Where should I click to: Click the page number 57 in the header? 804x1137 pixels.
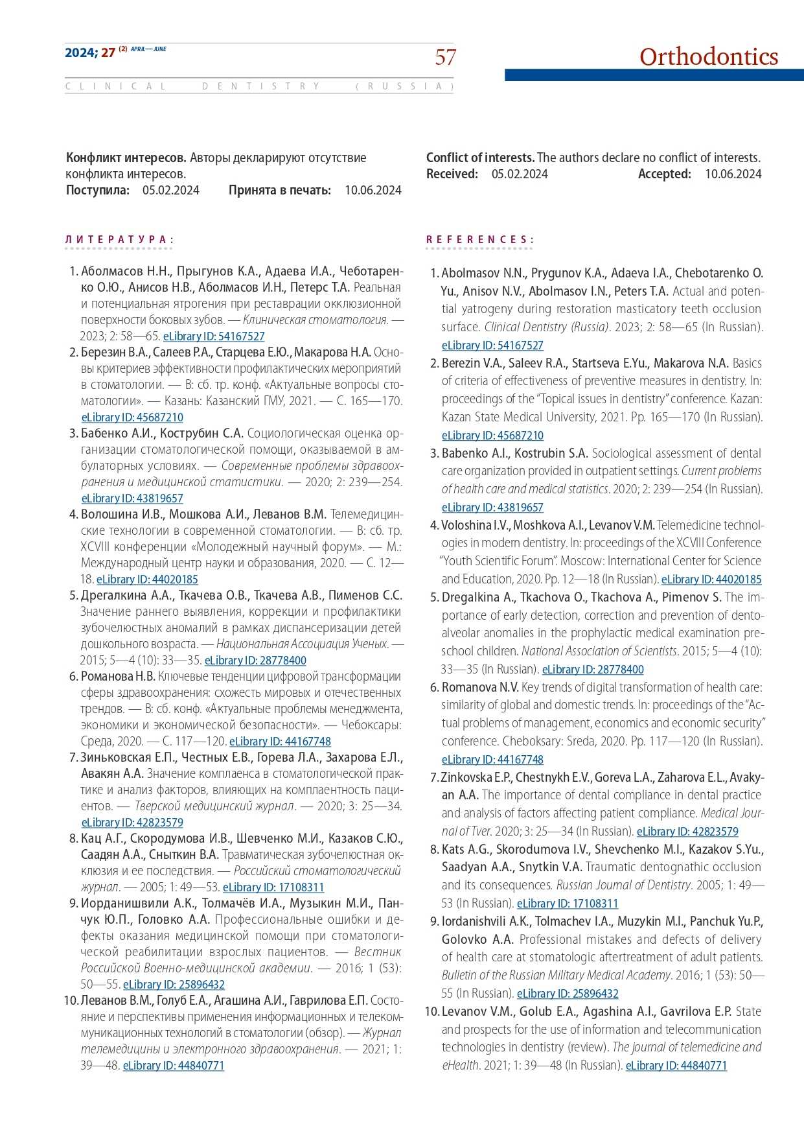pos(445,58)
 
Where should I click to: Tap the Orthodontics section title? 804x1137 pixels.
pos(708,57)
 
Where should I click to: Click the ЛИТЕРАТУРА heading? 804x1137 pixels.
pos(119,240)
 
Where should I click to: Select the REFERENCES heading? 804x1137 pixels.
pos(479,240)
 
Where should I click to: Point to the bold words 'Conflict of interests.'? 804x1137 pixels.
pos(480,158)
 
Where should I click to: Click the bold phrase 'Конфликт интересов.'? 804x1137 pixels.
pos(126,158)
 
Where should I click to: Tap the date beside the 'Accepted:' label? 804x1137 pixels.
pos(733,174)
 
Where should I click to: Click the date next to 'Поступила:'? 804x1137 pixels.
pos(171,190)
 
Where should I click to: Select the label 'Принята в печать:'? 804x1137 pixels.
pos(280,190)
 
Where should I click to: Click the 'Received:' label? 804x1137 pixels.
pos(452,174)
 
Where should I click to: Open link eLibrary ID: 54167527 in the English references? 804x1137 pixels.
pos(492,346)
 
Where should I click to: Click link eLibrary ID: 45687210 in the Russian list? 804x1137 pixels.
pos(132,417)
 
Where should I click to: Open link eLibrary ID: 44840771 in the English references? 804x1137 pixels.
pos(676,1065)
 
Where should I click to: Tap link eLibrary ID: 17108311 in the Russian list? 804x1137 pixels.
pos(273,887)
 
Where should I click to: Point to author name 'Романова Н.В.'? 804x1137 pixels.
pos(118,677)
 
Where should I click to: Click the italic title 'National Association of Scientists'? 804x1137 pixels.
pos(599,651)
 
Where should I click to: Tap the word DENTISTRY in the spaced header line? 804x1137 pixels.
pos(261,86)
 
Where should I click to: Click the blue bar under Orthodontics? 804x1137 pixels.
pos(654,75)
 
